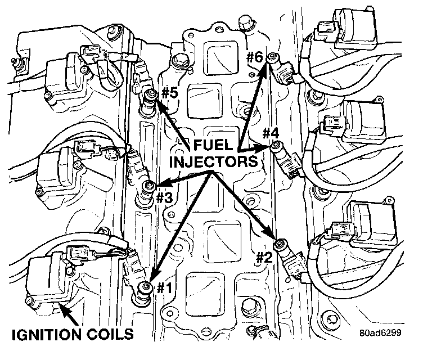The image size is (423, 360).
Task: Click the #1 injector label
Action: tap(164, 288)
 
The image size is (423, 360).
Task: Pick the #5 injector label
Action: tap(169, 93)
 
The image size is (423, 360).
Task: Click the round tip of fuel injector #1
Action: tap(147, 287)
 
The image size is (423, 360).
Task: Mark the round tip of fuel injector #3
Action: tap(150, 186)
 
